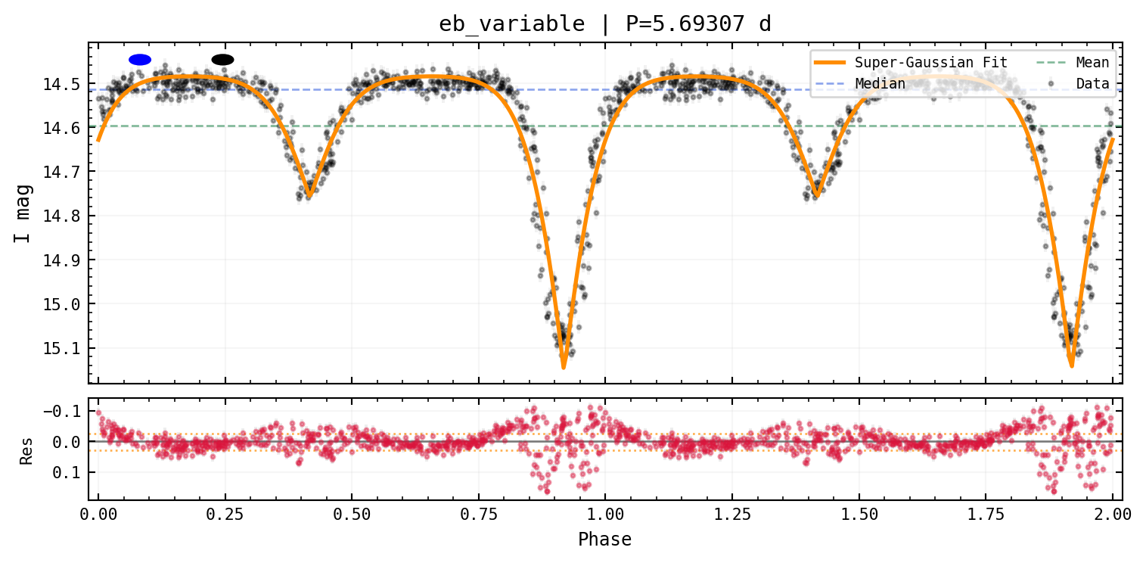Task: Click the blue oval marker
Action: click(140, 60)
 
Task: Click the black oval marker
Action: click(222, 60)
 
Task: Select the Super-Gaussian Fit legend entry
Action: click(911, 63)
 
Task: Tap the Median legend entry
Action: click(859, 83)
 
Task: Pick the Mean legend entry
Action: click(1073, 63)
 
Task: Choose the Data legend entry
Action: click(1079, 83)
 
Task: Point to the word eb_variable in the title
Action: click(511, 24)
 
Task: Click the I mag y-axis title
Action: click(23, 213)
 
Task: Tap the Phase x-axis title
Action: click(604, 539)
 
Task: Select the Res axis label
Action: click(26, 451)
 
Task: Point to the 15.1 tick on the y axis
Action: click(61, 349)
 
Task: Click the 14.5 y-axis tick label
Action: click(61, 84)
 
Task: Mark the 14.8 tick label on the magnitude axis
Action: click(61, 216)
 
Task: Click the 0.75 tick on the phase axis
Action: click(478, 514)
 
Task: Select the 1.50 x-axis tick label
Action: click(859, 514)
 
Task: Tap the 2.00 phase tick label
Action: click(1113, 514)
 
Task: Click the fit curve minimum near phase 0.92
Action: click(564, 367)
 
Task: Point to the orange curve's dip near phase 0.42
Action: click(309, 195)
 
